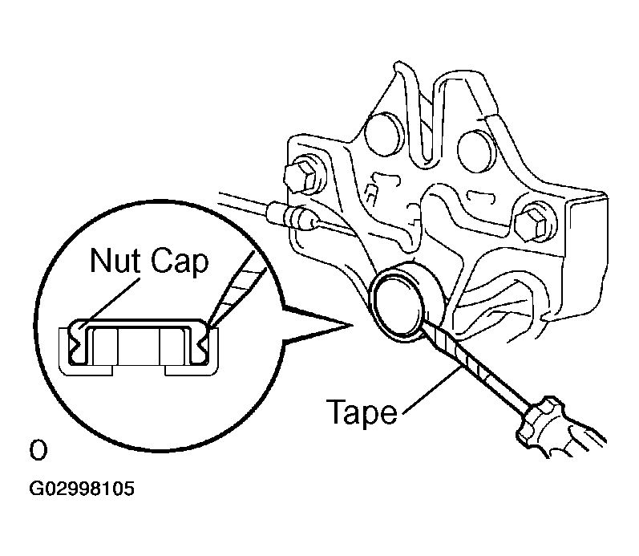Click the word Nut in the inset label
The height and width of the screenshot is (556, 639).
coord(115,260)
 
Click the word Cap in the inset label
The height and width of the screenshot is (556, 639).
coord(180,263)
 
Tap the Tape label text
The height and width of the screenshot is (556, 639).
coord(362,412)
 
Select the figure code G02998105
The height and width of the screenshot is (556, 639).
coord(82,489)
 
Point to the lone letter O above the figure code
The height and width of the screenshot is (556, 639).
coord(38,450)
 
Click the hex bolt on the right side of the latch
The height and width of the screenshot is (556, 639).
coord(535,223)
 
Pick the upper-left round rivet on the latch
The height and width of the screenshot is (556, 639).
coord(382,134)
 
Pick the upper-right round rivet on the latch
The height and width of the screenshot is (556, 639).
coord(477,151)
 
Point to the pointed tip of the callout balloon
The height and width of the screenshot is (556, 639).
coord(351,325)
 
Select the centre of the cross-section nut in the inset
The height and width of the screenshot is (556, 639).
coord(139,346)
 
